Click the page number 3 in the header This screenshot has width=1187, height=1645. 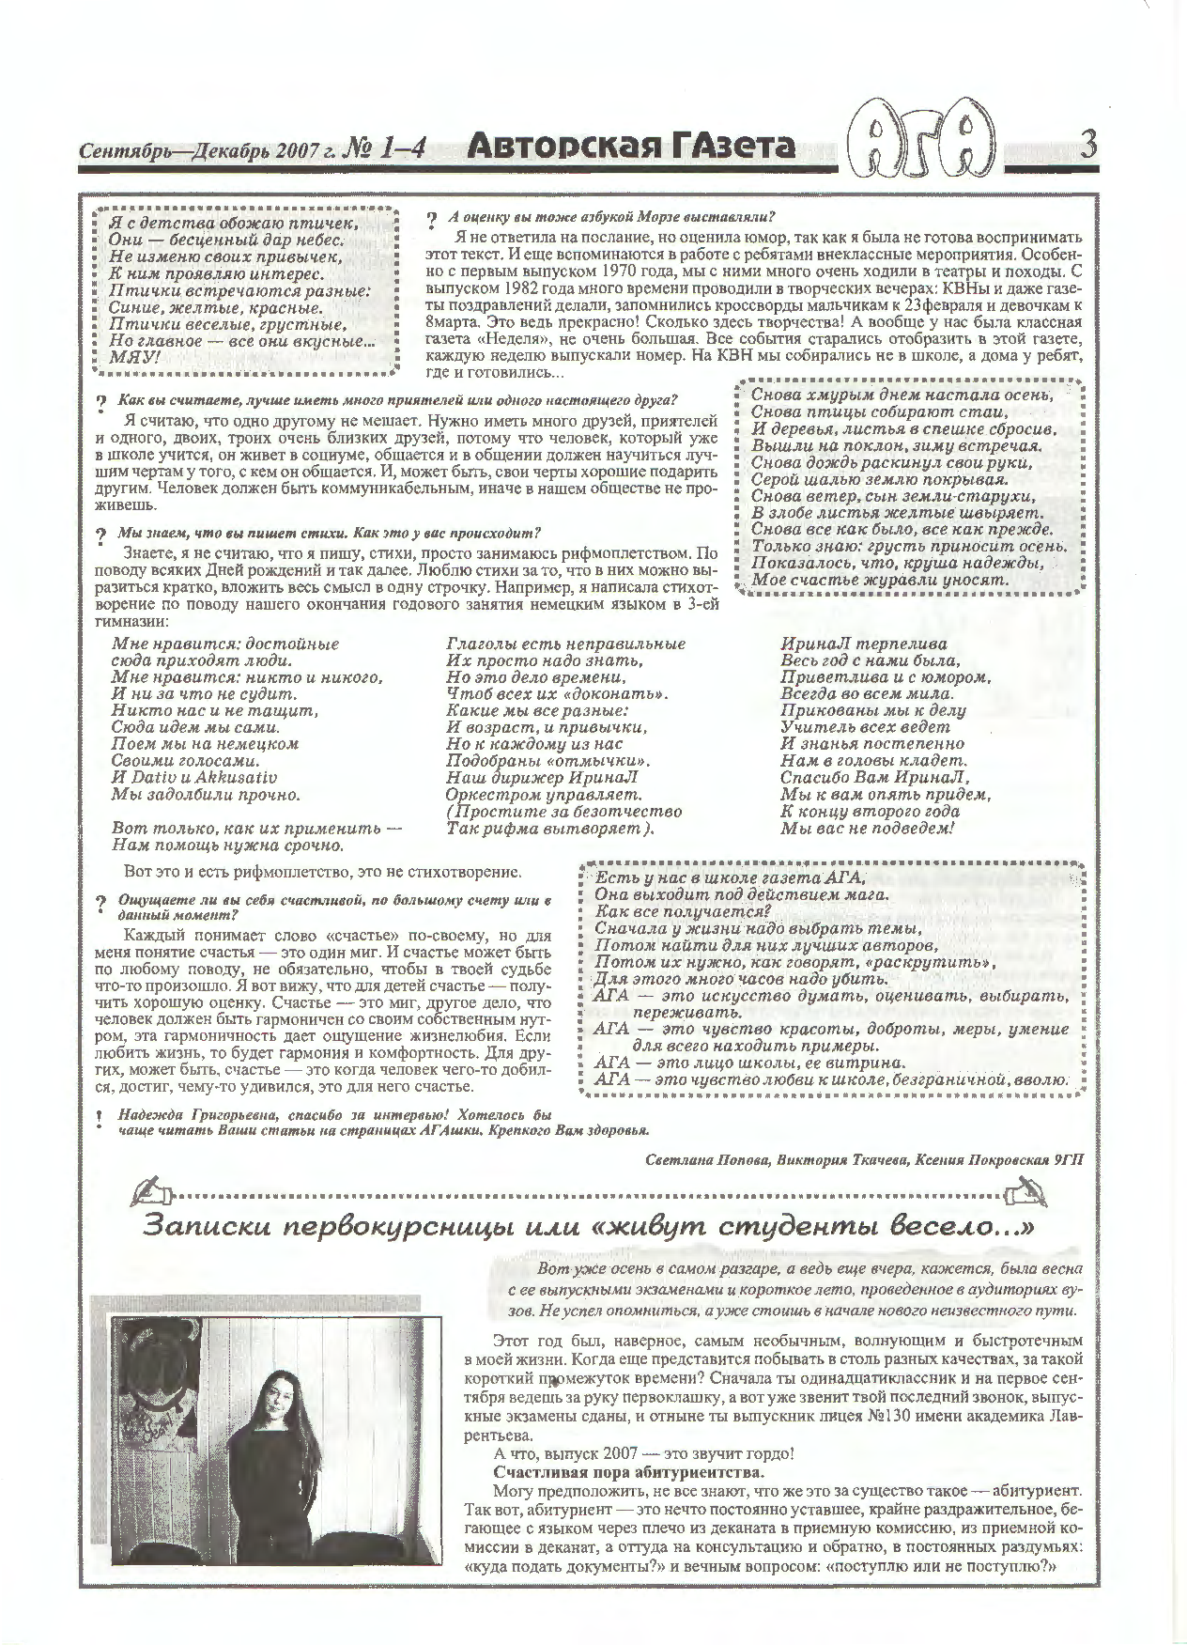(1089, 146)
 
